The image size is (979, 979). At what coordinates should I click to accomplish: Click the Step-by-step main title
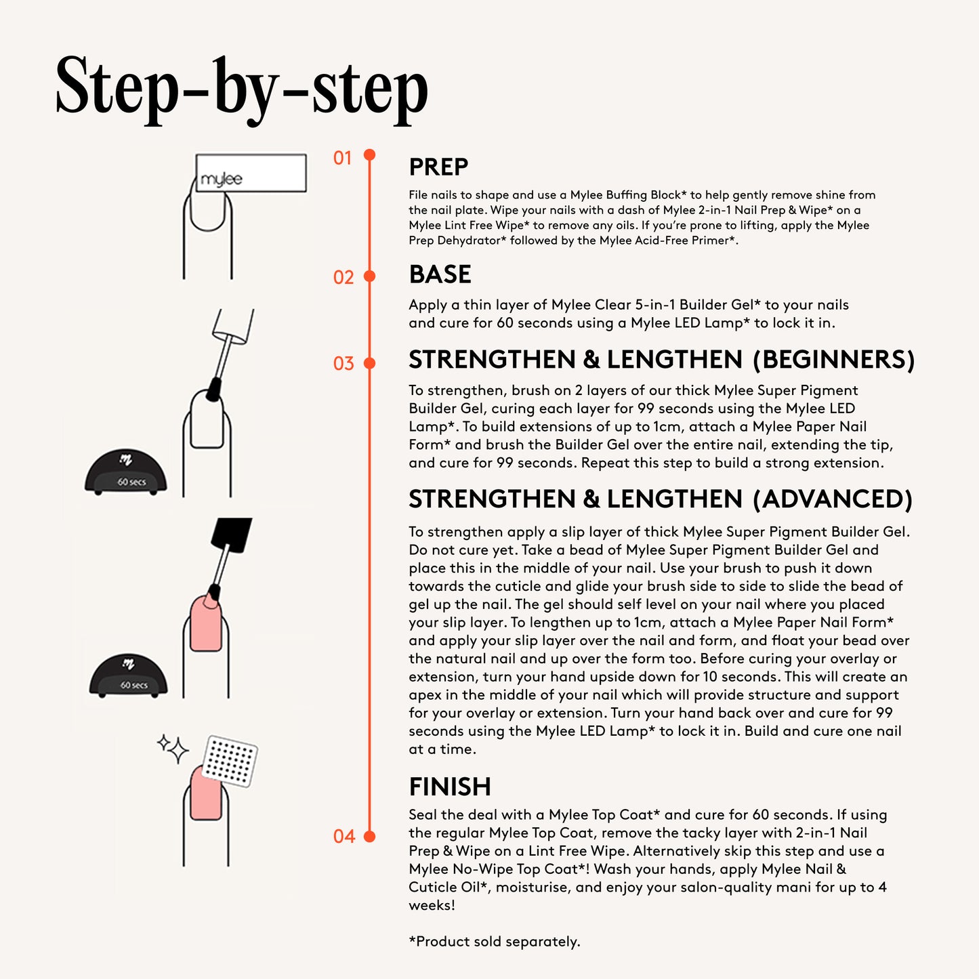tap(242, 90)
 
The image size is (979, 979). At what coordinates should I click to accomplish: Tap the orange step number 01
tap(342, 159)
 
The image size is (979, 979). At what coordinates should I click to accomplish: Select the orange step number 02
tap(343, 277)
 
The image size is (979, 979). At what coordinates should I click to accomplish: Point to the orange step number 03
tap(343, 364)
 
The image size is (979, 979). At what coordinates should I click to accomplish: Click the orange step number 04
tap(344, 836)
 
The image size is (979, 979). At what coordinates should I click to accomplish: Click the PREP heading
tap(438, 167)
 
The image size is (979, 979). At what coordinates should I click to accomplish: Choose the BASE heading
tap(440, 274)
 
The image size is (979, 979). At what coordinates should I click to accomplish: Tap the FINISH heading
tap(450, 787)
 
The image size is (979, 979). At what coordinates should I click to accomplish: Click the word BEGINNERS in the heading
tap(834, 359)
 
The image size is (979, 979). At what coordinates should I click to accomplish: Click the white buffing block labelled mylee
tap(251, 173)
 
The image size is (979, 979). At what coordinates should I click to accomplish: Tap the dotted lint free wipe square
tap(230, 761)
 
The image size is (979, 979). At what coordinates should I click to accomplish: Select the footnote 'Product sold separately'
tap(495, 942)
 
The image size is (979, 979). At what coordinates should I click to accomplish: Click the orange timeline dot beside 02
tap(370, 276)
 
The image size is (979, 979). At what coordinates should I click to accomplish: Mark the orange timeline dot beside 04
tap(370, 836)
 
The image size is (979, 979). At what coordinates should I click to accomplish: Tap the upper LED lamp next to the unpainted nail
tap(126, 471)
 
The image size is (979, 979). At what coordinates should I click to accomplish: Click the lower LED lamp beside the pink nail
tap(129, 675)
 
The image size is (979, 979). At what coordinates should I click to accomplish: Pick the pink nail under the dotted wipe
tap(206, 793)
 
